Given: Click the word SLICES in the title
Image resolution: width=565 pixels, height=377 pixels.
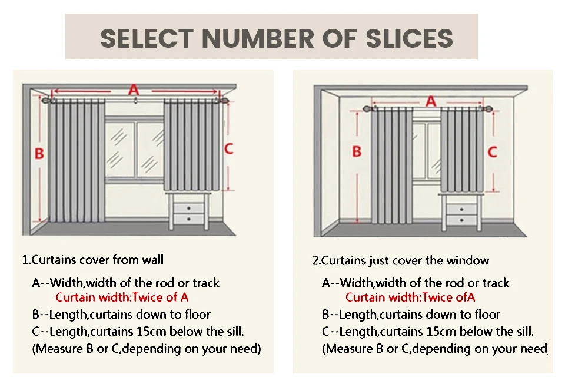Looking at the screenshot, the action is [x=410, y=38].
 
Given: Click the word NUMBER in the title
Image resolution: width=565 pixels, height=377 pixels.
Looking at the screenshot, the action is [x=258, y=38].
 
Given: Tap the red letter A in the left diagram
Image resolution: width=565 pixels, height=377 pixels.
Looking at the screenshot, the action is [x=134, y=90].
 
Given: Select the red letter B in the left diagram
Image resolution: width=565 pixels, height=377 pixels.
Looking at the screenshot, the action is [x=39, y=154].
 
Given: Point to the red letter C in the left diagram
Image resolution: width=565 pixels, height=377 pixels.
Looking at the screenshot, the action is [x=229, y=148].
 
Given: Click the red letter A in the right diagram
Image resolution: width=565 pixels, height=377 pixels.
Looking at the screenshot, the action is [x=431, y=101].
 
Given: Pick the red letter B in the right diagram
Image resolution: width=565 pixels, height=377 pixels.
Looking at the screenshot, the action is [x=357, y=151].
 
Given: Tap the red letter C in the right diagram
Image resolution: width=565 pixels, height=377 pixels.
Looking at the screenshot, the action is [x=493, y=151].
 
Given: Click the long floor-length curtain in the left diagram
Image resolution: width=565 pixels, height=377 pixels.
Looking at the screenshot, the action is [x=77, y=161].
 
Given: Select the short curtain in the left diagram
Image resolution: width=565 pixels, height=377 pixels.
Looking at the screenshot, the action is [x=192, y=145].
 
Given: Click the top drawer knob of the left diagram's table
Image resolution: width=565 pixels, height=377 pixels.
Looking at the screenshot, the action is [x=189, y=209].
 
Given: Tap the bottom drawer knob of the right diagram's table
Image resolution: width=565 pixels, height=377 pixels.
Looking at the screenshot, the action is [x=462, y=220].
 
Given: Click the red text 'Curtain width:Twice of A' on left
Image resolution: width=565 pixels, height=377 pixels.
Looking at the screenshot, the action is [x=122, y=297].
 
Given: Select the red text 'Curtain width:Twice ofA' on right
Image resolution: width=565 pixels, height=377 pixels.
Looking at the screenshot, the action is [x=410, y=297].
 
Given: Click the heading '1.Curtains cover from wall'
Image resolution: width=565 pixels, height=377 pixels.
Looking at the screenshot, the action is [x=93, y=260].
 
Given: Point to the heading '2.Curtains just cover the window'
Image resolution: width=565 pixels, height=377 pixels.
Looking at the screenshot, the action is [x=401, y=260].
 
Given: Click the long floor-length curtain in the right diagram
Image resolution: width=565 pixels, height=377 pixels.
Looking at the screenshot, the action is [x=392, y=166].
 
